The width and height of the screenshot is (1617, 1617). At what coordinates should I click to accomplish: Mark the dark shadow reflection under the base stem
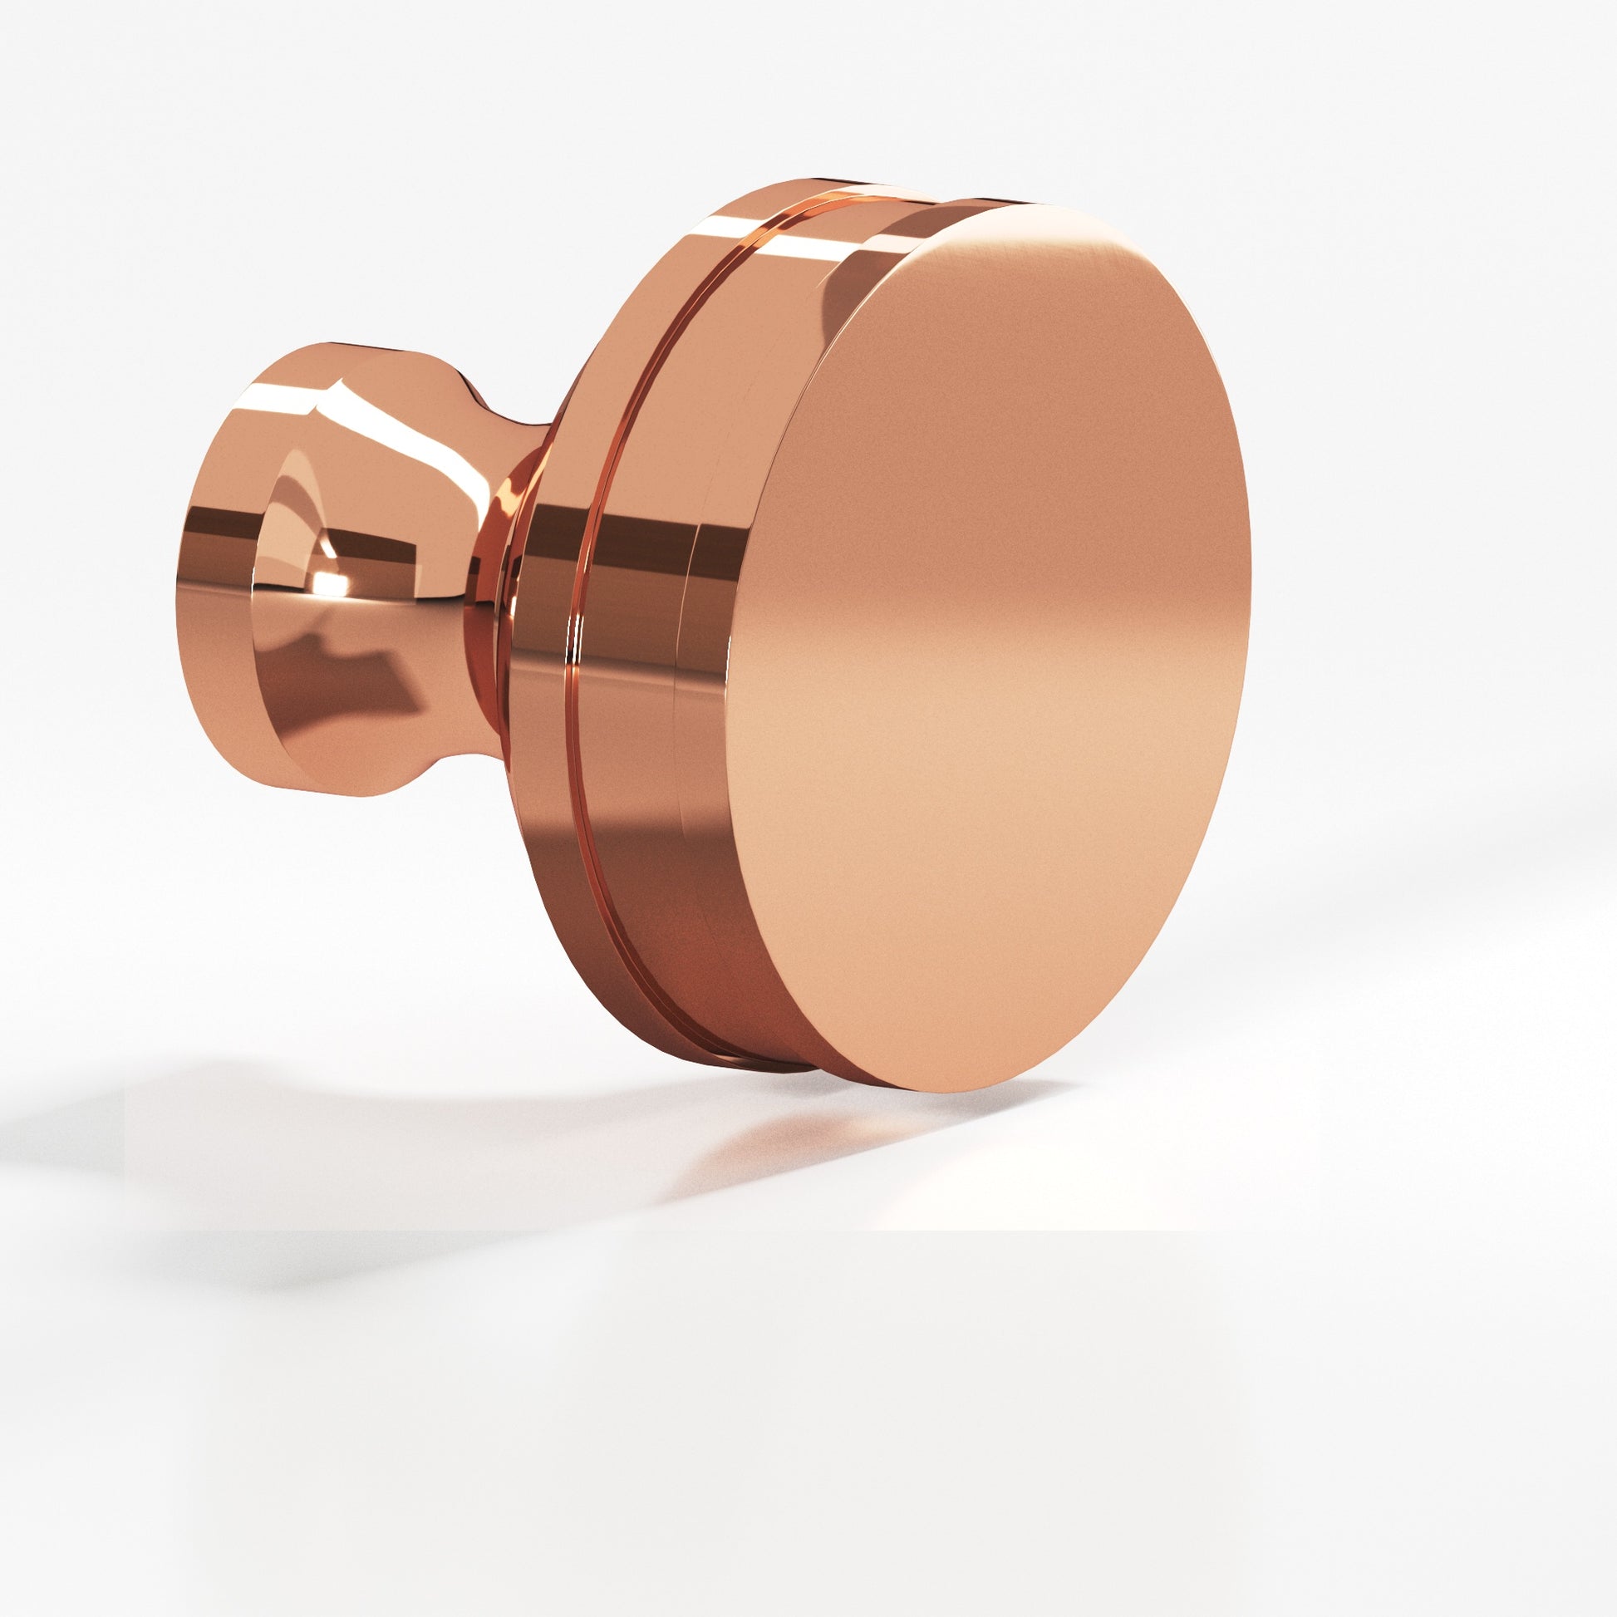pyautogui.click(x=351, y=670)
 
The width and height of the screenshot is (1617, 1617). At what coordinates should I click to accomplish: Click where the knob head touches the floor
pyautogui.click(x=921, y=1088)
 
